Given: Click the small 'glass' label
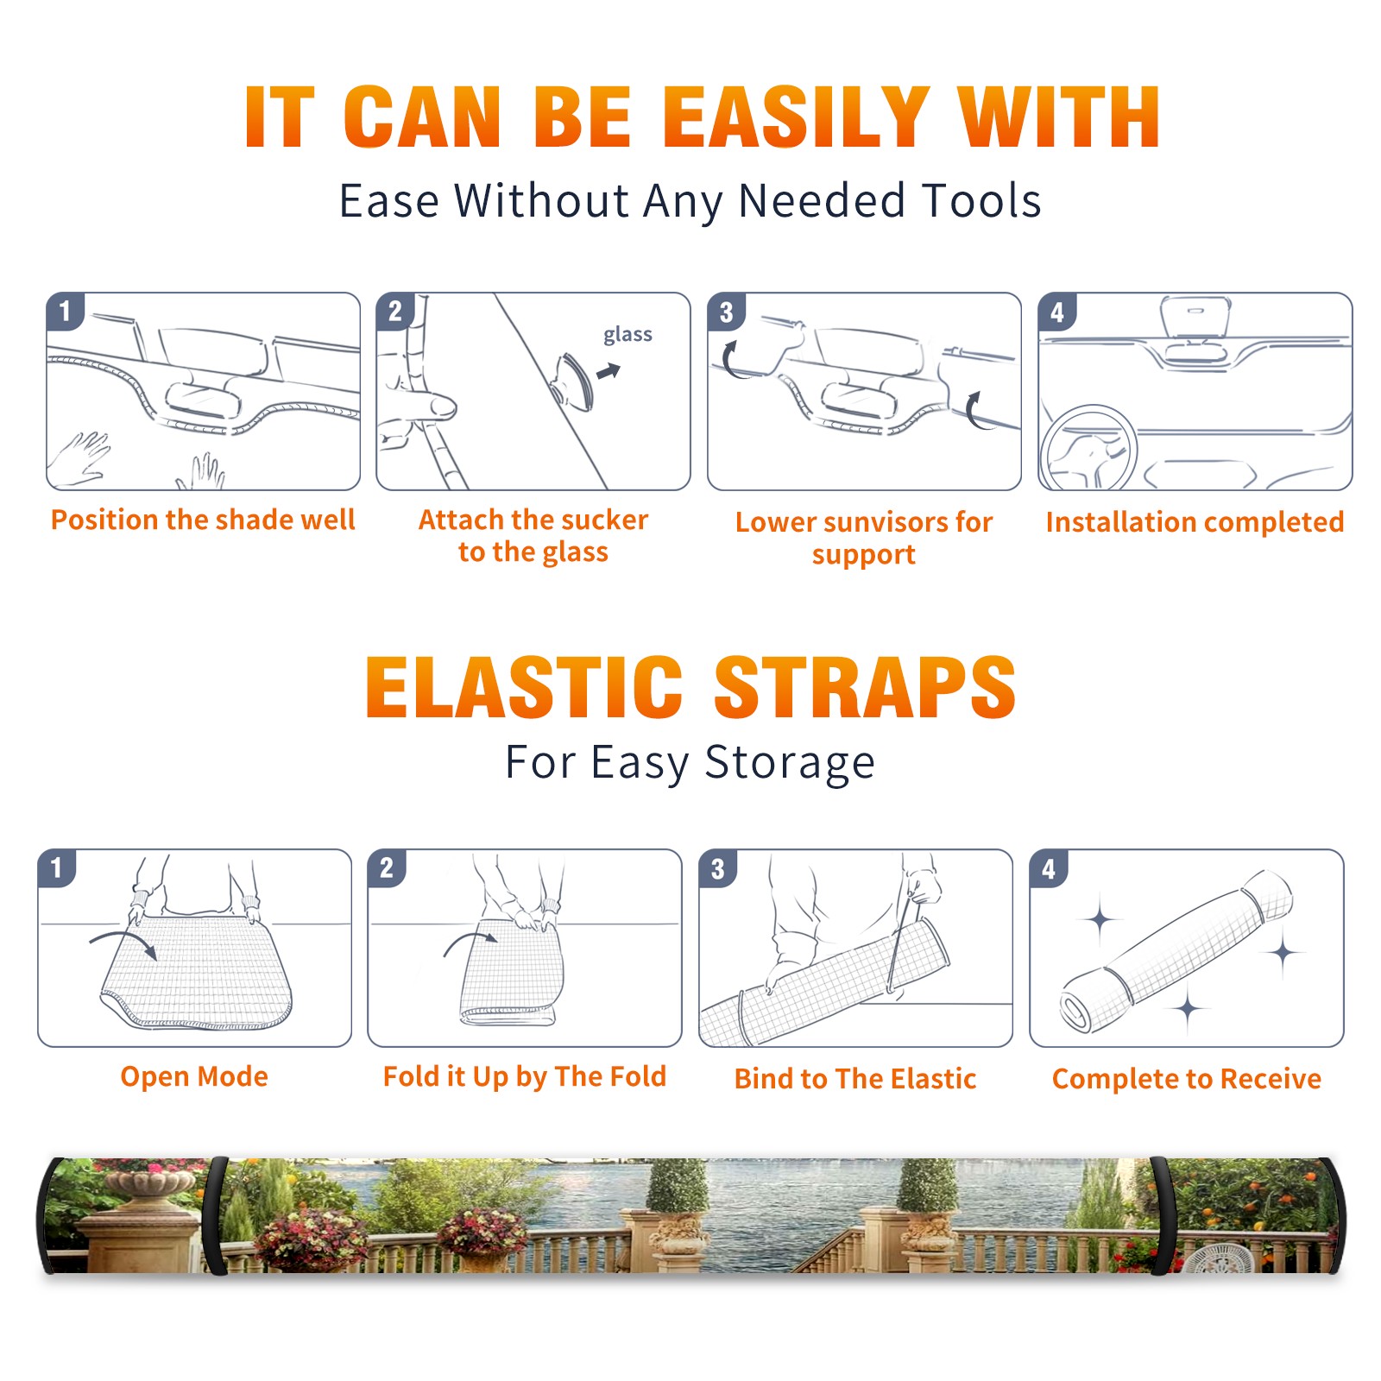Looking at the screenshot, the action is [x=627, y=335].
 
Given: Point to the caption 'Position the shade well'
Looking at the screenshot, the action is [x=203, y=520].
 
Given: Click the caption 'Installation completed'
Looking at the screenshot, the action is [x=1195, y=521].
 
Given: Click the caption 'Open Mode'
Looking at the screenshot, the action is [x=194, y=1076].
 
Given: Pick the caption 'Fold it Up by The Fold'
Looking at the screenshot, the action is [x=525, y=1076].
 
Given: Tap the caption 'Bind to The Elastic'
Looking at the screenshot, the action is [x=855, y=1079].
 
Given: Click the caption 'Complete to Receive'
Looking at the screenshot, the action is [x=1187, y=1079].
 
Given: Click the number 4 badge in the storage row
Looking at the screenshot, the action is [x=1049, y=868].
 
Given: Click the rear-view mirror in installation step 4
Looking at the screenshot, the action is [x=1195, y=318].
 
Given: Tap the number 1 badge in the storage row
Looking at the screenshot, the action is [x=57, y=867].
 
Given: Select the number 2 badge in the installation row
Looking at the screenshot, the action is [x=395, y=312].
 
